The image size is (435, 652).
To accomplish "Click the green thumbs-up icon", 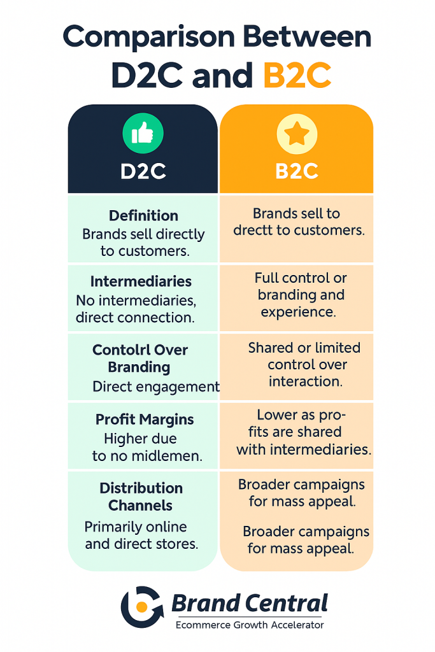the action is tap(143, 133).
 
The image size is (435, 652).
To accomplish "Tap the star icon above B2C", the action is tap(297, 134).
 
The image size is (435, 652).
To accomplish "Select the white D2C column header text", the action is tap(143, 171).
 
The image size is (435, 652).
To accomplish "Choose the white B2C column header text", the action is tap(297, 171).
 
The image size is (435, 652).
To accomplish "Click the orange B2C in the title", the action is tap(297, 75).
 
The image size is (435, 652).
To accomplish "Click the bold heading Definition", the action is tap(143, 215).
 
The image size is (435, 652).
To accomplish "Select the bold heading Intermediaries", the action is tap(141, 281).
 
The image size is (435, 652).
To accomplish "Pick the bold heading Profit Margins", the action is tap(145, 420).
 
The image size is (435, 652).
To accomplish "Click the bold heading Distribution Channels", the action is tap(141, 497).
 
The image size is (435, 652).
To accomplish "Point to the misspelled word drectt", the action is tap(252, 230).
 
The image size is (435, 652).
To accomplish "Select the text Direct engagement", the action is tap(157, 386).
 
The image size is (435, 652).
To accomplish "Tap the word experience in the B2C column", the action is tap(298, 312).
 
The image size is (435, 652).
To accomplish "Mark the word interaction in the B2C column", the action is tap(306, 381).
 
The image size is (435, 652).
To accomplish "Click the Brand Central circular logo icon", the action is tap(142, 607).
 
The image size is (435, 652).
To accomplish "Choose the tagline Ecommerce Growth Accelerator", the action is tap(250, 625).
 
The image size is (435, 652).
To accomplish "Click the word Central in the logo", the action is tap(287, 604).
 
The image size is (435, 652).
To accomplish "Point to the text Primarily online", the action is tap(136, 527).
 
